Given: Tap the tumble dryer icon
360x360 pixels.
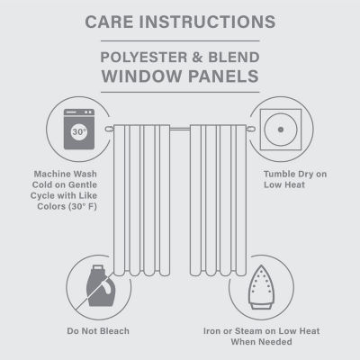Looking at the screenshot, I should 281,129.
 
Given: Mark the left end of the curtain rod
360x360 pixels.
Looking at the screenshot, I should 107,130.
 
